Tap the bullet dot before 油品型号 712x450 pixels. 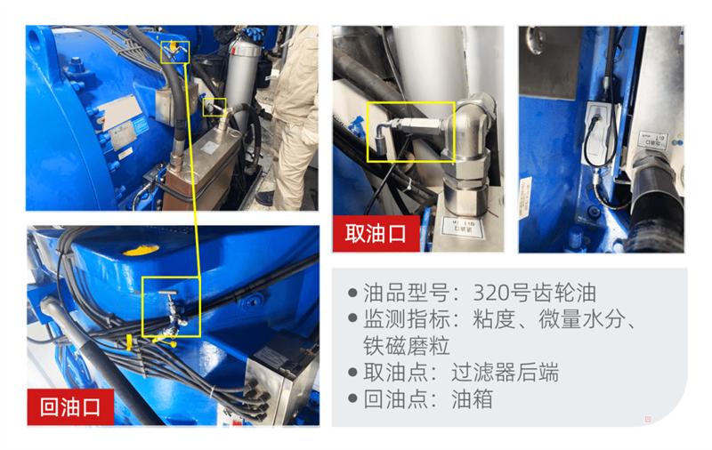[x=352, y=293]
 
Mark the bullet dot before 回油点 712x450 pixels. [x=352, y=399]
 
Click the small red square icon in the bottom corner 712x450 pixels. [x=647, y=419]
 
